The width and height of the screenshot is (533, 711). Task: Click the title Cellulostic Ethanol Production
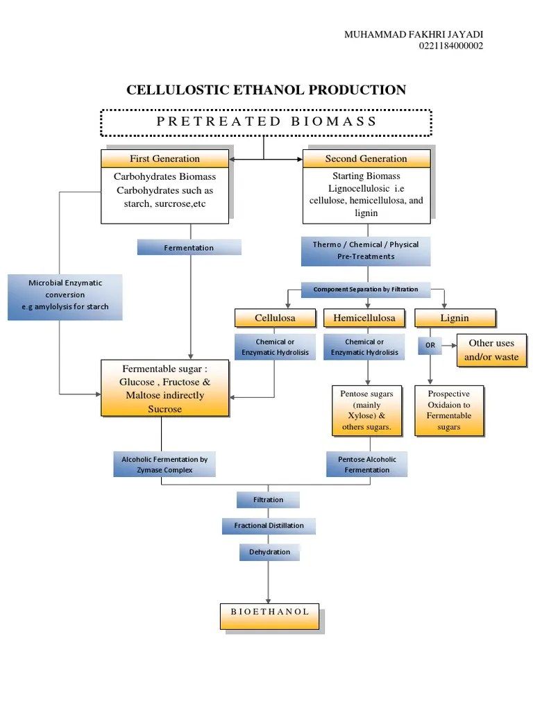click(x=266, y=90)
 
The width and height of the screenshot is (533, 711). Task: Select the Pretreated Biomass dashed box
click(x=266, y=122)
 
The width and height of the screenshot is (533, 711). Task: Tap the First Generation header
click(x=164, y=158)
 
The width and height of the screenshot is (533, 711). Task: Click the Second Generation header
click(x=366, y=158)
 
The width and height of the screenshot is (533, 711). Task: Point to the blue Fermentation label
click(x=189, y=248)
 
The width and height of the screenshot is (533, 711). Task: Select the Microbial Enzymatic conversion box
click(x=65, y=295)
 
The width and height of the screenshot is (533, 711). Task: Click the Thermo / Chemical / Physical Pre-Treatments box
click(x=365, y=251)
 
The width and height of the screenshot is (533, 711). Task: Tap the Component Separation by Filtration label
click(x=365, y=290)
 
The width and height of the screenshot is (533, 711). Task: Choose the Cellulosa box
click(x=275, y=318)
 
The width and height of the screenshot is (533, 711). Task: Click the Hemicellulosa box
click(x=364, y=318)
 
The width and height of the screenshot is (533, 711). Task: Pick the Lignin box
click(x=455, y=318)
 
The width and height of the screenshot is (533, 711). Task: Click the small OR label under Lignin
click(x=430, y=345)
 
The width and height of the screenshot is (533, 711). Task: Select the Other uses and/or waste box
click(x=491, y=350)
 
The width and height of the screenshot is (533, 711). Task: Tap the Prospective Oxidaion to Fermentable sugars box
click(x=448, y=410)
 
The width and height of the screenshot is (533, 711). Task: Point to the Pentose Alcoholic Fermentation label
click(x=366, y=465)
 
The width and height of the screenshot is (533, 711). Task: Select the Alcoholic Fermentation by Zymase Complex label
click(x=164, y=465)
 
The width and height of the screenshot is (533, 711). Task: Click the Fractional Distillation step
click(x=269, y=526)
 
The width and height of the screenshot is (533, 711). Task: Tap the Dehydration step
click(x=269, y=552)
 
